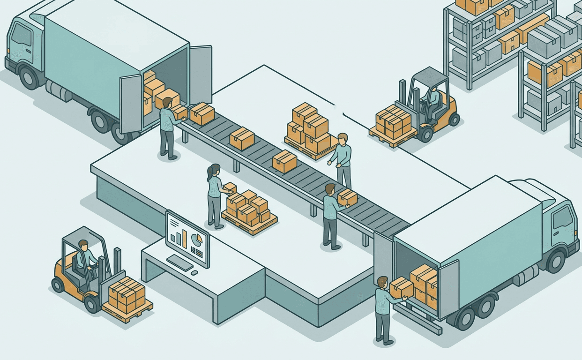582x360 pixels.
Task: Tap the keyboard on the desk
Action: click(x=179, y=262)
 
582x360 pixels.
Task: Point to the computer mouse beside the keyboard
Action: click(x=194, y=272)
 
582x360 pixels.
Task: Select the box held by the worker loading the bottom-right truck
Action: click(x=401, y=287)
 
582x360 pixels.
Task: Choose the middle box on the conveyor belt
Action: click(x=242, y=138)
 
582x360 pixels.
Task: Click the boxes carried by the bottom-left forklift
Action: click(x=127, y=292)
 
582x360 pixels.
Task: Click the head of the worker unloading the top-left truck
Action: click(x=167, y=103)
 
